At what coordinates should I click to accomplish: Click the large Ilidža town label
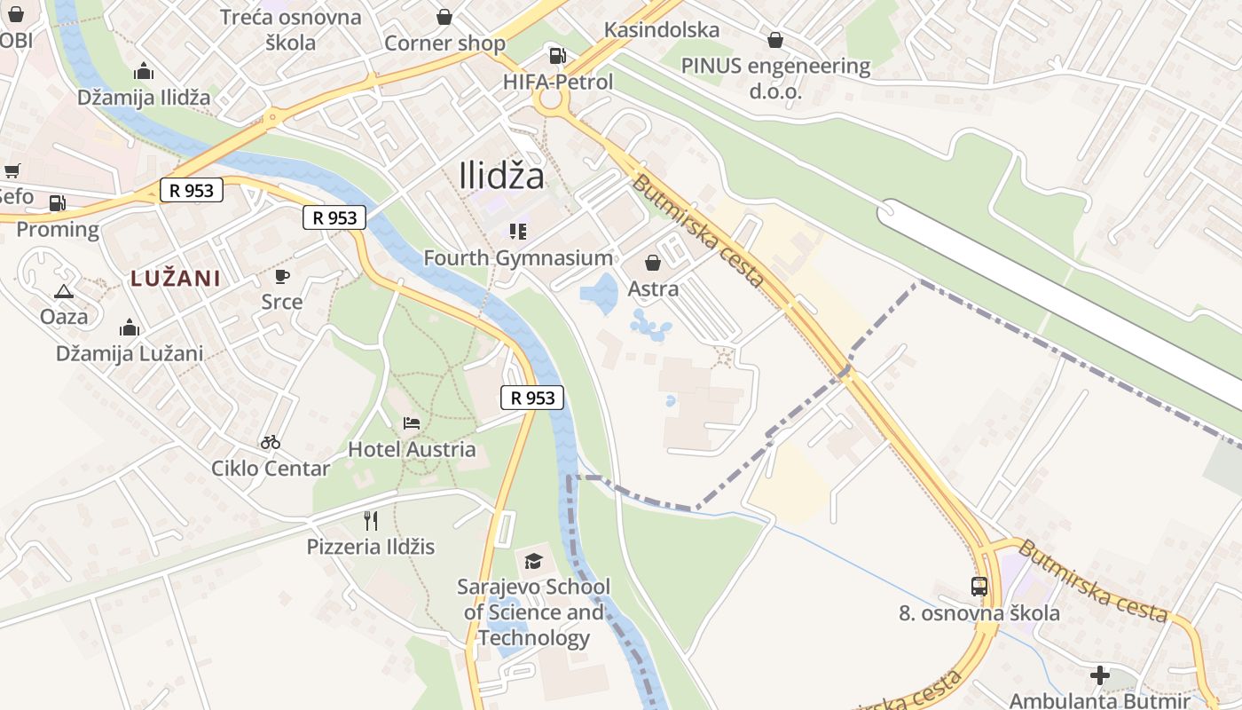tap(502, 176)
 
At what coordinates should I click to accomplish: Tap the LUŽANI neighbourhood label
tap(175, 278)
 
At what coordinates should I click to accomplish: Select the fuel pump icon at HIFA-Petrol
tap(557, 56)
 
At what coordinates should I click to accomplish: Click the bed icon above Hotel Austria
tap(412, 422)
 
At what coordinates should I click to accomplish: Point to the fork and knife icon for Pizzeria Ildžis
tap(371, 520)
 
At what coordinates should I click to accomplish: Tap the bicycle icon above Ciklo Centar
tap(271, 442)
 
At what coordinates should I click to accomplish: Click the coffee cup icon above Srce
tap(282, 276)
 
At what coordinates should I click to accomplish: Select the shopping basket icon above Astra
tap(653, 263)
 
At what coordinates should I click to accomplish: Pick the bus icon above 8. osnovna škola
tap(979, 586)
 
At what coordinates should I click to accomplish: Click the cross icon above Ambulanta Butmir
tap(1100, 675)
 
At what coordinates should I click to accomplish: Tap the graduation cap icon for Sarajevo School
tap(533, 561)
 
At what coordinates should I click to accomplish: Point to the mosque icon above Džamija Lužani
tap(130, 327)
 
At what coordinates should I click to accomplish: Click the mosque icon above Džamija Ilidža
tap(143, 72)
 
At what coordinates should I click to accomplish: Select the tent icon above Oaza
tap(64, 291)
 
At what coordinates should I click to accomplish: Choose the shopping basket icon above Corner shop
tap(444, 17)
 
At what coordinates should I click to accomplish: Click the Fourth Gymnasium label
tap(518, 258)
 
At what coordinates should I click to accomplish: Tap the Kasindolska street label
tap(662, 30)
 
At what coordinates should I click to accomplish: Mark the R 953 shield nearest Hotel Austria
tap(533, 398)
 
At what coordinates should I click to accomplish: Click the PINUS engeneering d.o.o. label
tap(775, 78)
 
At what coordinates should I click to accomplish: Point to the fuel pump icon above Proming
tap(58, 203)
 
